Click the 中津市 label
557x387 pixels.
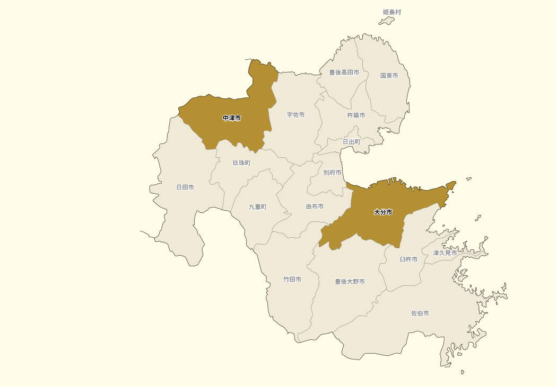[232, 118]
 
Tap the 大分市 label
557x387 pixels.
[383, 212]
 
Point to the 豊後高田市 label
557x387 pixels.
[344, 73]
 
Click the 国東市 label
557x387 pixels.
[389, 76]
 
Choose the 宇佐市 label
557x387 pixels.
[295, 115]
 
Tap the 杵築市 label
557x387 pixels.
[356, 115]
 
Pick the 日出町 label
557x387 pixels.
[351, 142]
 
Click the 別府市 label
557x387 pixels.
[332, 173]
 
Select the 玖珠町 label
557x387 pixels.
[241, 163]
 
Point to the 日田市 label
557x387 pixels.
[185, 187]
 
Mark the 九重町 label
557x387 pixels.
[258, 207]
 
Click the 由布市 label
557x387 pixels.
[315, 207]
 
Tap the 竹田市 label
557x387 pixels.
[292, 280]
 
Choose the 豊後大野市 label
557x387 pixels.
[350, 282]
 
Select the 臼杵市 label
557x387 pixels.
[408, 259]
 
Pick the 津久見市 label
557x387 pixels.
[445, 253]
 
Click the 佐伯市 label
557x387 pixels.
[420, 313]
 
